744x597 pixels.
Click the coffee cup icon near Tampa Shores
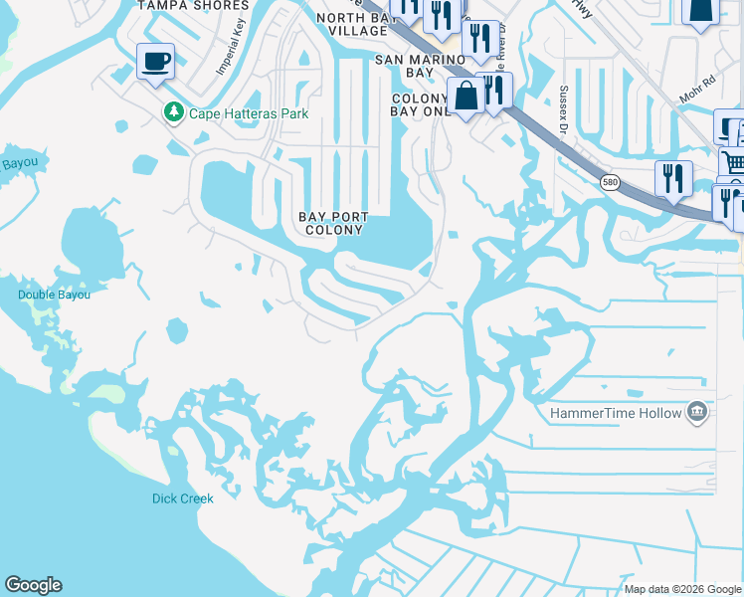(155, 62)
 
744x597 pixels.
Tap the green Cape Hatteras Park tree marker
(174, 112)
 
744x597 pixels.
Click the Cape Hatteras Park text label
(249, 113)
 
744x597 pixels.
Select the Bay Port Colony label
(334, 223)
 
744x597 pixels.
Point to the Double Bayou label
(54, 295)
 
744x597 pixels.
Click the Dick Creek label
(182, 498)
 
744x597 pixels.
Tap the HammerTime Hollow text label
(616, 413)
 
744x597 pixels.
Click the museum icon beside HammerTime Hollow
(697, 412)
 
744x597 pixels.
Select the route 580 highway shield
(611, 181)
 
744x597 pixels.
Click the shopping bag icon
(465, 97)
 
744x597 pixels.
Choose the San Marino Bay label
(419, 66)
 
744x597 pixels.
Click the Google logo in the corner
(33, 585)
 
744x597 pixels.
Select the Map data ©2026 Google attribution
(681, 589)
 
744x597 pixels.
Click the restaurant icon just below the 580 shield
(673, 179)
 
